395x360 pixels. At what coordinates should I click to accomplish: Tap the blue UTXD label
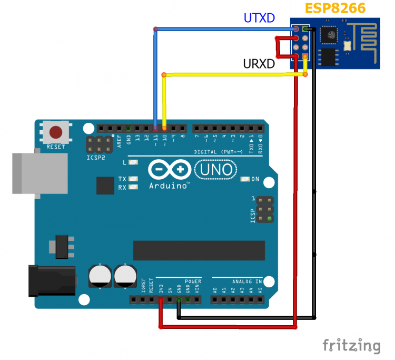259,18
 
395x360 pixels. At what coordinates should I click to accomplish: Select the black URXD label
259,64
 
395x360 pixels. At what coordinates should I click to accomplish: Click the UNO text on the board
216,169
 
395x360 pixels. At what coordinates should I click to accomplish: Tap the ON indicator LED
244,179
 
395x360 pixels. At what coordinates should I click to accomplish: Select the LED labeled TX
133,179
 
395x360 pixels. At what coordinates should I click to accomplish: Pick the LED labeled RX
133,187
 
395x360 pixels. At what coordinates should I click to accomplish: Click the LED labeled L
133,162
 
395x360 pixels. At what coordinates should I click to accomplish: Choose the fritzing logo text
351,345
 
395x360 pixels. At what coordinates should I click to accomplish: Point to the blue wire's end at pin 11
155,128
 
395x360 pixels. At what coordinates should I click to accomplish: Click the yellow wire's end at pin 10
164,128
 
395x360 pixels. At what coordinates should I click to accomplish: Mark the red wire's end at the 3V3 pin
161,300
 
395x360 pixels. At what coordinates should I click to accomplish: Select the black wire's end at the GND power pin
179,300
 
